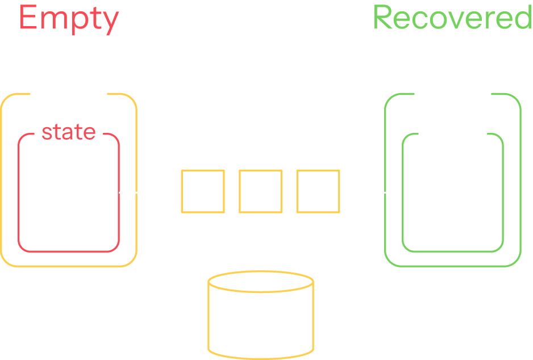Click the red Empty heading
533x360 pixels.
tap(69, 18)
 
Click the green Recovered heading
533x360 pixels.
tap(452, 18)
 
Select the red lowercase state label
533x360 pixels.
tap(69, 132)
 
